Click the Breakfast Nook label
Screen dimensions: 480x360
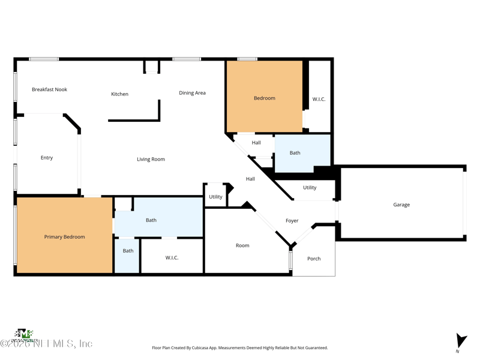[x=49, y=89]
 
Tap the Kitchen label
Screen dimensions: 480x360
[x=119, y=94]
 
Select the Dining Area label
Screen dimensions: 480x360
[x=192, y=93]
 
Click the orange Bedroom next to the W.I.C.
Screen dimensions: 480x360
[x=264, y=98]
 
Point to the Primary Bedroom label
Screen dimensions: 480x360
[x=64, y=237]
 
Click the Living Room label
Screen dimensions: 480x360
[x=151, y=159]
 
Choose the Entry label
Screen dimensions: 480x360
[x=47, y=158]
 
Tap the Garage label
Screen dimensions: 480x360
[x=401, y=205]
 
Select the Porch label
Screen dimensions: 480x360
[x=314, y=259]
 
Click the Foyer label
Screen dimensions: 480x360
[x=292, y=221]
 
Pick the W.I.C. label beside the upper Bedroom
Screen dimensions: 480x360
[x=319, y=99]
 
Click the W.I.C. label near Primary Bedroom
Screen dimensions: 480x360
[x=172, y=257]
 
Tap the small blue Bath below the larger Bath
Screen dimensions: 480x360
[x=128, y=251]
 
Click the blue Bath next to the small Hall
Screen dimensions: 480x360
[x=295, y=153]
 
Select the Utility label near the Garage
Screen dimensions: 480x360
[x=310, y=188]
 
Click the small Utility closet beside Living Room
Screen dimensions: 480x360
[x=215, y=197]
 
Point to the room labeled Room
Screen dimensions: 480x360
[x=242, y=245]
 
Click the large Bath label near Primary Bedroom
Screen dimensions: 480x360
[x=151, y=220]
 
